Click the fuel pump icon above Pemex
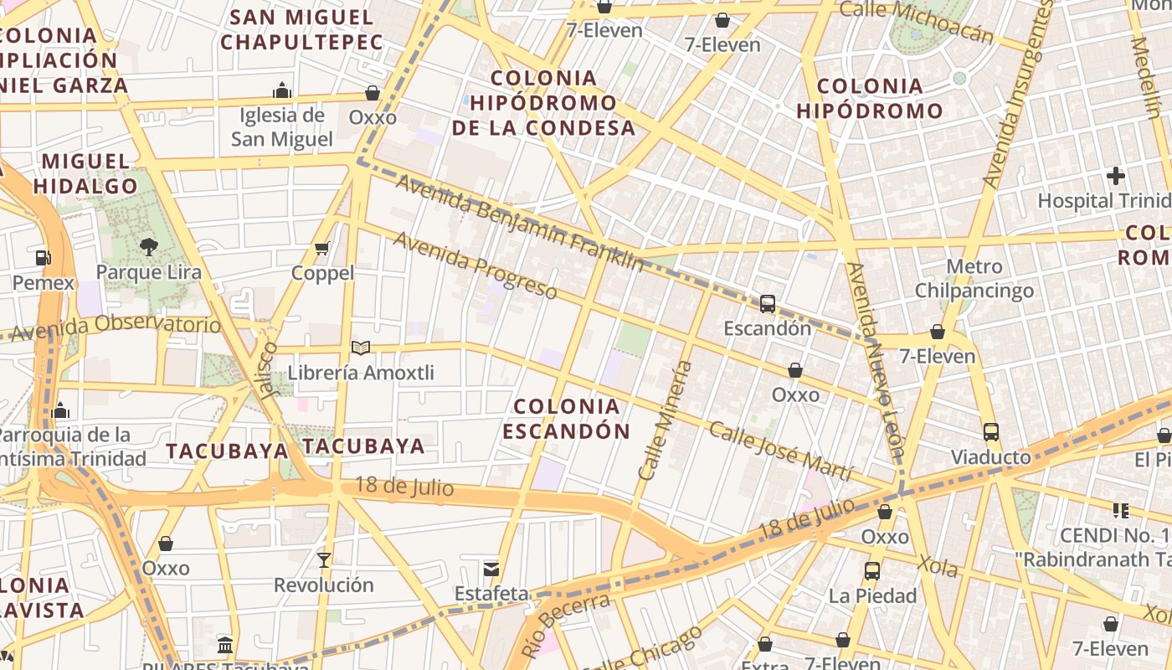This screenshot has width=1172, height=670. point(43,257)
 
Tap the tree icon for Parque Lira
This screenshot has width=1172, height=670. point(149,246)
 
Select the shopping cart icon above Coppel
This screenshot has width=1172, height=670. point(322,248)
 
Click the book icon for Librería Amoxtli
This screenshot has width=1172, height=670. point(361,348)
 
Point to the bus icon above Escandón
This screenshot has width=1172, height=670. point(768,303)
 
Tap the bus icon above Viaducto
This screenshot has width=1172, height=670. point(991,432)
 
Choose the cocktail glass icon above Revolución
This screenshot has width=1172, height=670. point(324,559)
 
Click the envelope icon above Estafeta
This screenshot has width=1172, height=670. point(491,569)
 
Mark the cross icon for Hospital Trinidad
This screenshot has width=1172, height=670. point(1115,176)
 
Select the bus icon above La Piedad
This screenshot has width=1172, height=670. point(871,571)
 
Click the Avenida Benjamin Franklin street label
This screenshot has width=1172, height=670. point(520,223)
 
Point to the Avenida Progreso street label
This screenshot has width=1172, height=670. point(475,265)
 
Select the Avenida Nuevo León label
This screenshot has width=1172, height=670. point(876,360)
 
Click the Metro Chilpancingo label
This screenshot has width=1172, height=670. point(974,279)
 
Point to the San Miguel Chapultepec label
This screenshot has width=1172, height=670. point(301,29)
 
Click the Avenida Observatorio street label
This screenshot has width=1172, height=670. point(117,327)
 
